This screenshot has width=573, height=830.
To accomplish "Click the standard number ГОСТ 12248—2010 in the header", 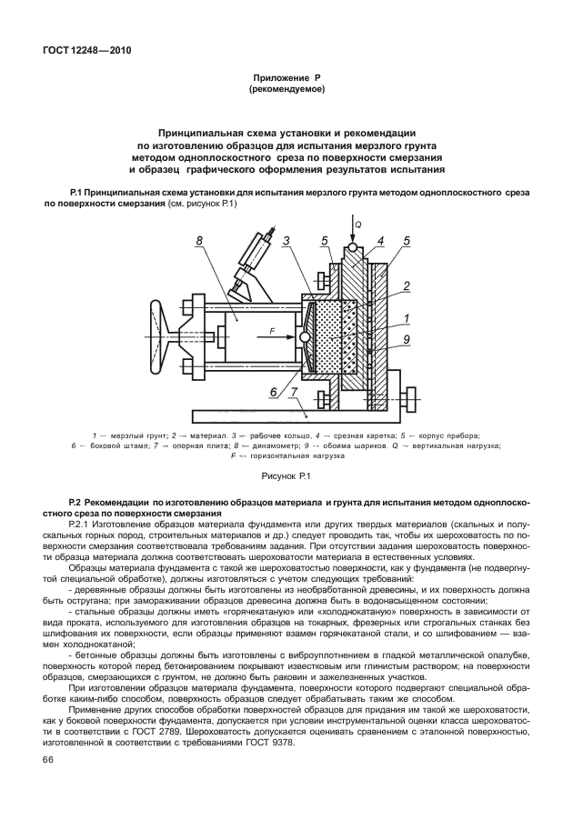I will click(86, 51).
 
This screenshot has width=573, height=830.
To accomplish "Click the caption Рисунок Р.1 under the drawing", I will click(286, 475).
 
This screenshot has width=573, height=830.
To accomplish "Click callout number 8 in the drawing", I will click(198, 242).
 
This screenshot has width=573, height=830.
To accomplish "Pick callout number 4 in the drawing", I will click(381, 241).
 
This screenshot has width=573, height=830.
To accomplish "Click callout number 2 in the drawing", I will click(407, 285).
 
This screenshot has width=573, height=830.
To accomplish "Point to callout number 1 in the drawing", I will click(407, 318).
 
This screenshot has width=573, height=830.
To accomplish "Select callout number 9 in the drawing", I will click(407, 340).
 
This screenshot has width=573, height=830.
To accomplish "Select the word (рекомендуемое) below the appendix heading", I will click(286, 90).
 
